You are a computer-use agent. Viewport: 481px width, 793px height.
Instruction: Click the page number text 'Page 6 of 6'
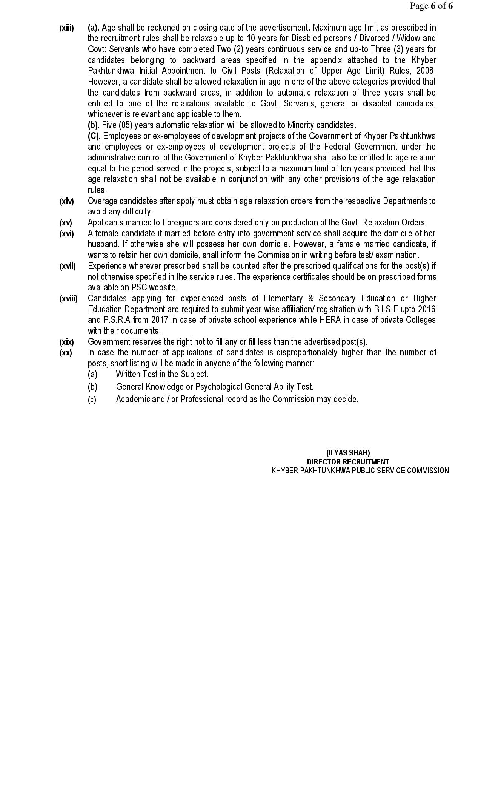(431, 6)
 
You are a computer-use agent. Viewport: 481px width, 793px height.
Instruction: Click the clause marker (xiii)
(67, 28)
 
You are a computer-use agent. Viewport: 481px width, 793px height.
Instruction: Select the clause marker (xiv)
(67, 201)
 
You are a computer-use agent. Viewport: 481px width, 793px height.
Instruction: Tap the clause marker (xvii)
(68, 266)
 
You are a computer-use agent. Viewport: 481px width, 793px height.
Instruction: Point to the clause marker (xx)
(66, 353)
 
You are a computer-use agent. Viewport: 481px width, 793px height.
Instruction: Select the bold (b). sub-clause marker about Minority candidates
(94, 125)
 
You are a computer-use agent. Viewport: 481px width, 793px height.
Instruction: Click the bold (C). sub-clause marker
(94, 136)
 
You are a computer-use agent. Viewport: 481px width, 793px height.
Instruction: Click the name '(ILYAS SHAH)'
(348, 453)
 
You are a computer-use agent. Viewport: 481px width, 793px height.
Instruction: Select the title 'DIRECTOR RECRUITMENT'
(348, 462)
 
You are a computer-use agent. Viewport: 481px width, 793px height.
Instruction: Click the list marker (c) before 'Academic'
(92, 400)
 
